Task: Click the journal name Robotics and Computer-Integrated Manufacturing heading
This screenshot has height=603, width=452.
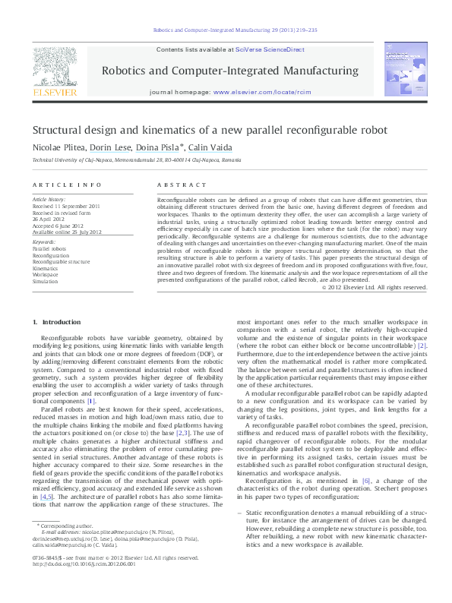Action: [229, 71]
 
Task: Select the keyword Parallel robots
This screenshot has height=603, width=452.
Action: [49, 248]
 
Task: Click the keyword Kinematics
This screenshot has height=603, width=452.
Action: [46, 268]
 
